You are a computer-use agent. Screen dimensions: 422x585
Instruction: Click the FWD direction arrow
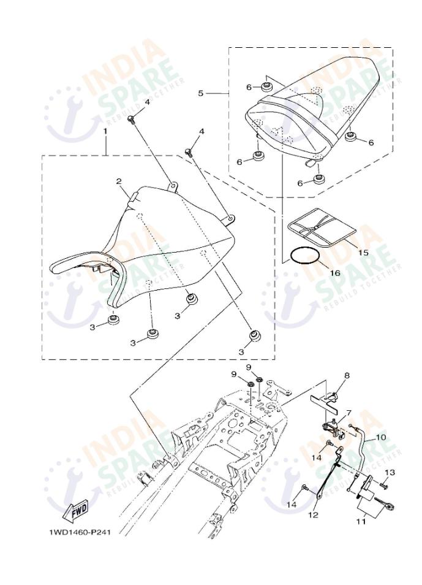coord(75,510)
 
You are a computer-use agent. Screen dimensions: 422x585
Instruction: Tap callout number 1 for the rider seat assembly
coord(105,131)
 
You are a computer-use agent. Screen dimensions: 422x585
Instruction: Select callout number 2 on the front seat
coord(119,182)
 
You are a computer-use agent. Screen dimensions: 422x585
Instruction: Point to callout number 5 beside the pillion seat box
coord(201,93)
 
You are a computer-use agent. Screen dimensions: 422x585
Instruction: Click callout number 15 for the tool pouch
coord(363,253)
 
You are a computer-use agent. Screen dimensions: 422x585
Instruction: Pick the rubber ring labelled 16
coord(305,257)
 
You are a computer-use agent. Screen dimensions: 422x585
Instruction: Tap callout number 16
coord(335,273)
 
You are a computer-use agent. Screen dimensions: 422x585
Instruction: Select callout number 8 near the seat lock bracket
coord(347,376)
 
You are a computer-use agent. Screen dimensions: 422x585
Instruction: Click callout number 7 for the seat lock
coord(349,413)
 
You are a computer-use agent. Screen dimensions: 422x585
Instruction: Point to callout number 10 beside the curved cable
coord(382,437)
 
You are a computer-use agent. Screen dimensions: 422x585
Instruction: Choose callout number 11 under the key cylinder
coord(361,521)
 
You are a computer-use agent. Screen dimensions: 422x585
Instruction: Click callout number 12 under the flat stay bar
coord(313,515)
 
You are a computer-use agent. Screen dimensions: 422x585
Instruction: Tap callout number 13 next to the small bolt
coord(390,473)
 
